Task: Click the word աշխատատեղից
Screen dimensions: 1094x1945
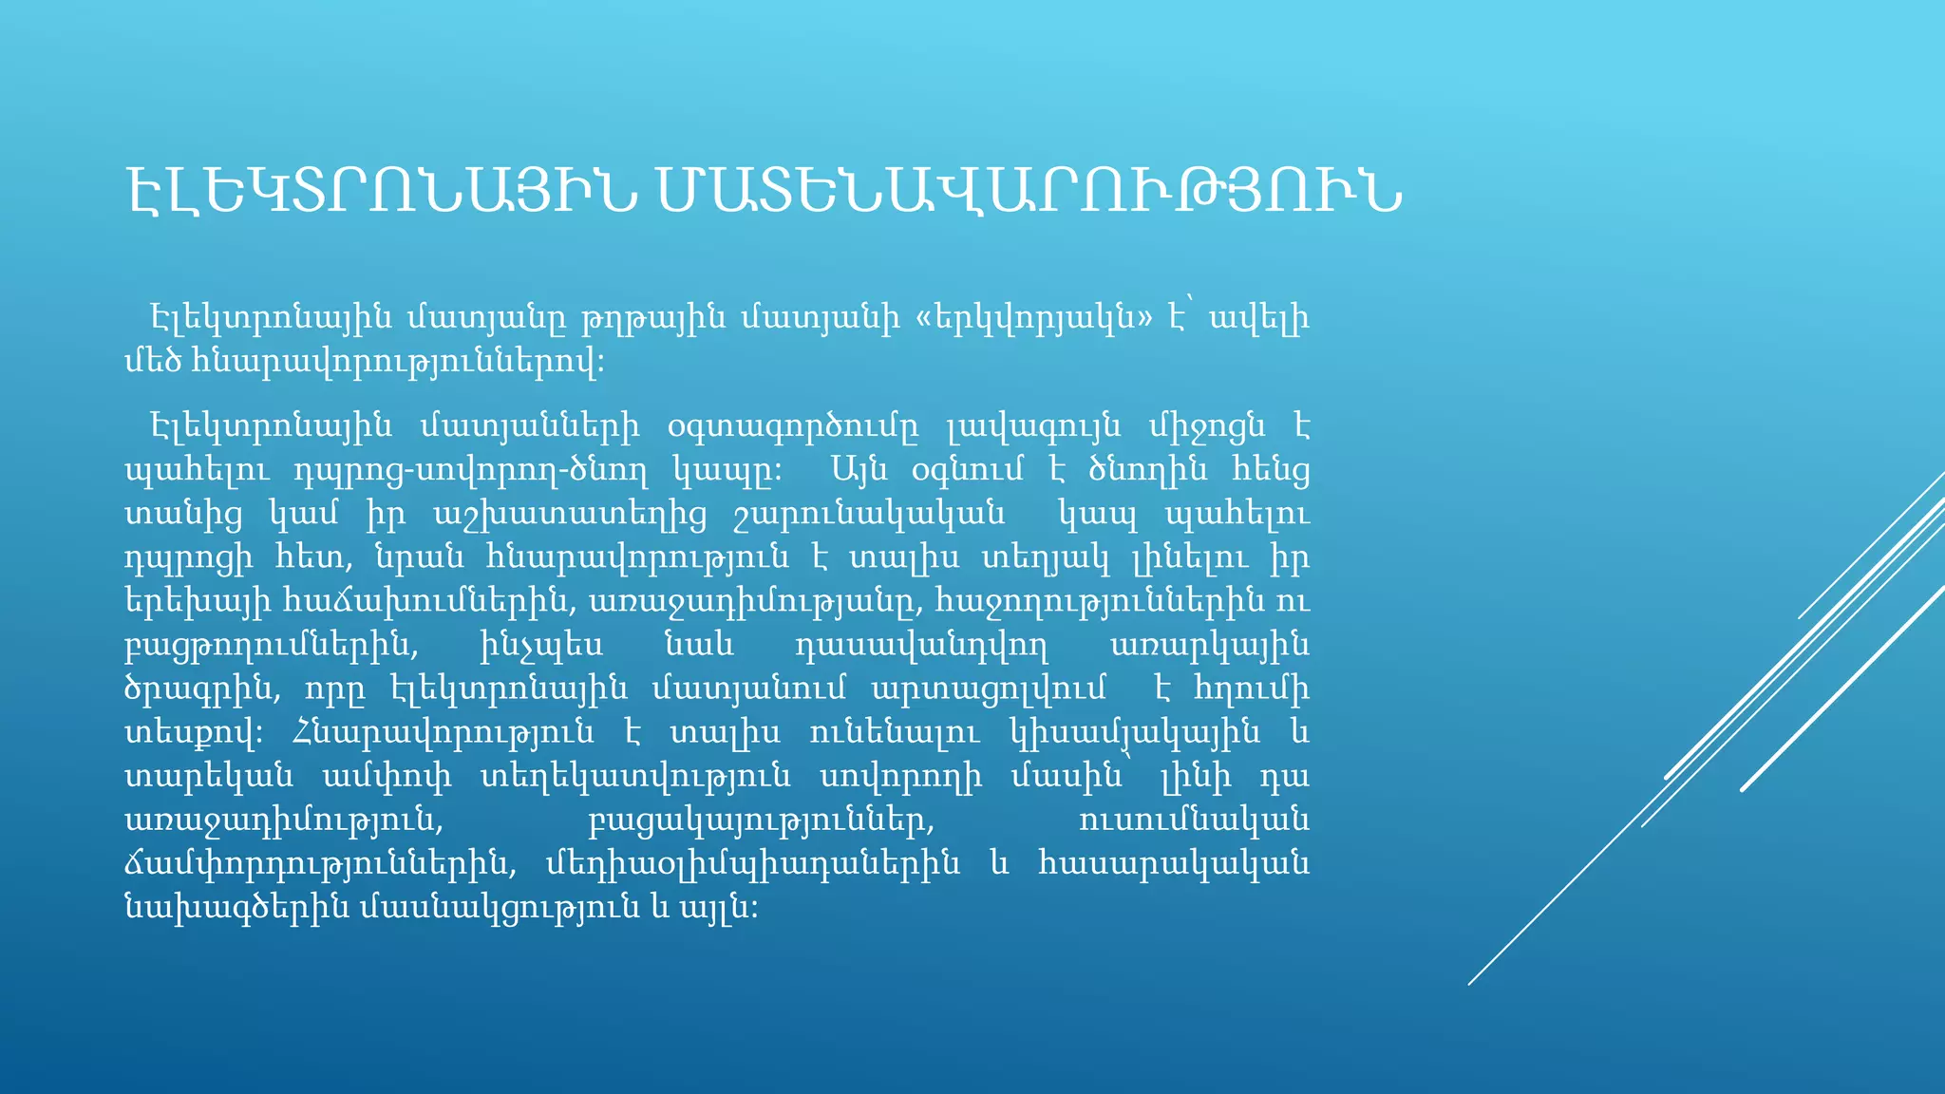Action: [x=570, y=514]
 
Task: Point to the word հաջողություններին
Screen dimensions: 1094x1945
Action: [x=1101, y=601]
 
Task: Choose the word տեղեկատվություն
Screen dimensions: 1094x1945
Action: [x=635, y=776]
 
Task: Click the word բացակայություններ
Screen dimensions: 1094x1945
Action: [x=761, y=820]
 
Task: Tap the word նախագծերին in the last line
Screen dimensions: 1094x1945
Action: [x=236, y=907]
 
